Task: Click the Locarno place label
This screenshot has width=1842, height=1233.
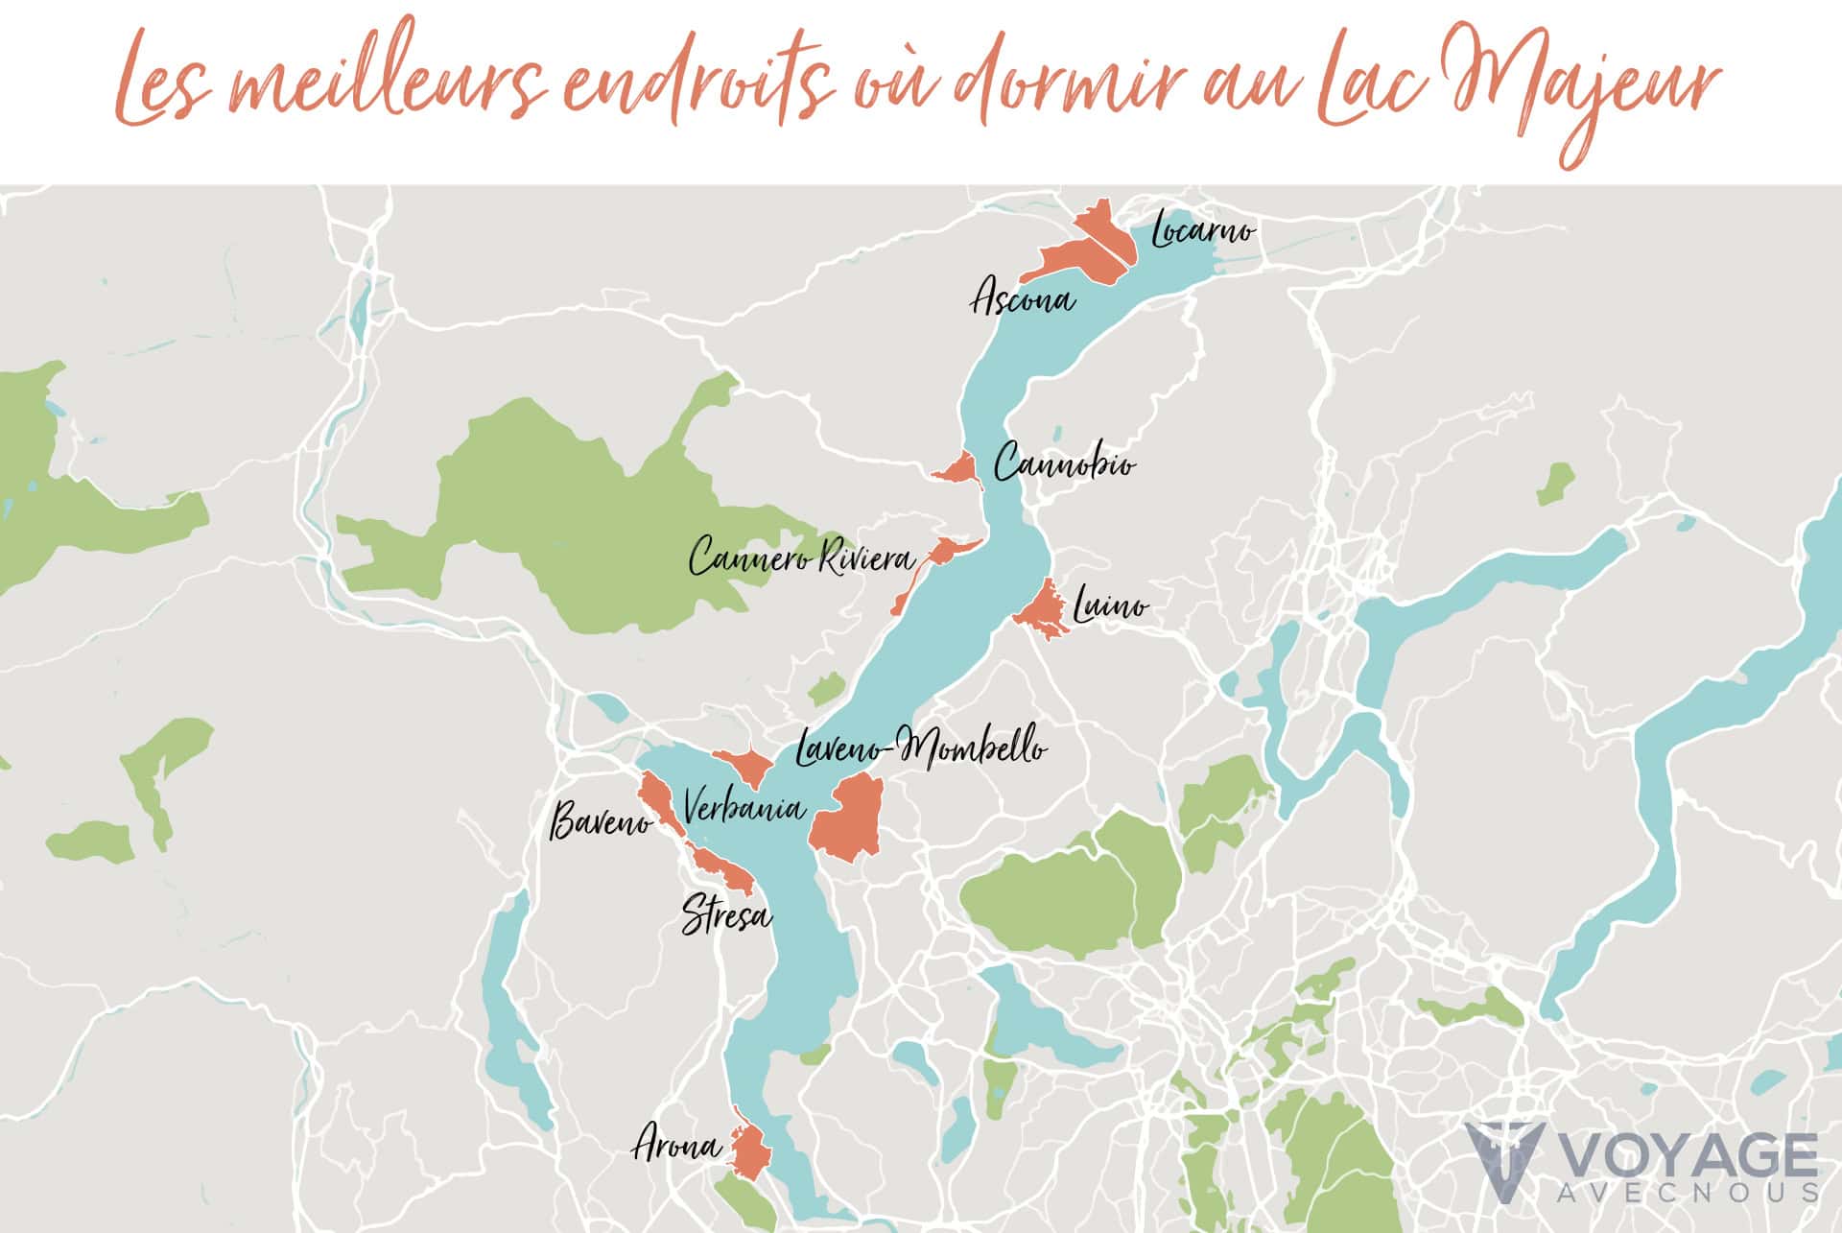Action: coord(1202,230)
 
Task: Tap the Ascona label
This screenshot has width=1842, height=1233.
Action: coord(1022,299)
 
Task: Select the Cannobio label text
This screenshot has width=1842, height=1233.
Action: coord(1064,464)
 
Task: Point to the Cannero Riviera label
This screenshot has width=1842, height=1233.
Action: coord(802,557)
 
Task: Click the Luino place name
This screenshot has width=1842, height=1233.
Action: coord(1110,606)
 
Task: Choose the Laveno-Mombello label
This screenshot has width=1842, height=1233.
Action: coord(921,748)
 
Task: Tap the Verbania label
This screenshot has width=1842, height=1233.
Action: coord(744,808)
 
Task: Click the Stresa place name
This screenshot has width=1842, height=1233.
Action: coord(726,915)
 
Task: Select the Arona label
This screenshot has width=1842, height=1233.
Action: coord(676,1146)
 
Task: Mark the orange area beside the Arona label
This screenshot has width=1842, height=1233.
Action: coord(749,1150)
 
